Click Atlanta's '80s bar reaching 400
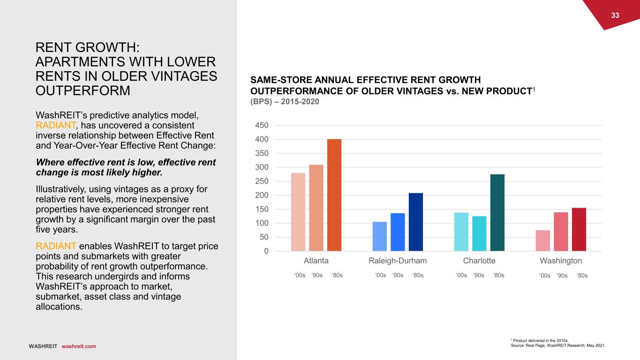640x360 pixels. coord(334,195)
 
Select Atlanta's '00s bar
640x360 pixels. coord(298,212)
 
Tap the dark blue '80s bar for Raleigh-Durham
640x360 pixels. coord(416,222)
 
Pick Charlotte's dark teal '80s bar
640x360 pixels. coord(497,212)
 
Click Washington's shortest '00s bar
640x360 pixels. coord(543,240)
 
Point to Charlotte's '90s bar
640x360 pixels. coord(479,233)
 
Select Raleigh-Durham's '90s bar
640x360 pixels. coord(398,232)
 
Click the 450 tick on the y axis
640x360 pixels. coord(262,126)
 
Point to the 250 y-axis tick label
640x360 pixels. coord(262,181)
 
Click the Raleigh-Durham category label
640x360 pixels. coord(398,261)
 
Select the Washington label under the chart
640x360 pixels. coord(561,261)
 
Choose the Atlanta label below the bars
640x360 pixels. coord(316,261)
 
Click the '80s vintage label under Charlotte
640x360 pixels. coord(498,275)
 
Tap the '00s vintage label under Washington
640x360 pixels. coord(545,276)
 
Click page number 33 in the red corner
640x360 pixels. coord(615,15)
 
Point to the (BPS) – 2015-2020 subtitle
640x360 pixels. coord(285,101)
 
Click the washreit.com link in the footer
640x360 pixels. coord(79,346)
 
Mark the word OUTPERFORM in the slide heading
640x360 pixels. coord(83,90)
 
